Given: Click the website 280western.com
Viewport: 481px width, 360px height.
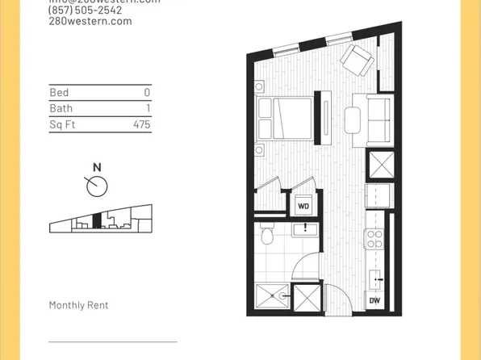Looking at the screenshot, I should coord(90,22).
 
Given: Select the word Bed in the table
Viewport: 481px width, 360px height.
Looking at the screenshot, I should coord(59,93).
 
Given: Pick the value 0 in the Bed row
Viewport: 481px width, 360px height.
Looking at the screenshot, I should coord(147,93).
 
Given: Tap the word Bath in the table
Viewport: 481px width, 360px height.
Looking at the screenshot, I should coord(61,109).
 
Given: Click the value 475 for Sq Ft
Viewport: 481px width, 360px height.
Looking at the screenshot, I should coord(141,125).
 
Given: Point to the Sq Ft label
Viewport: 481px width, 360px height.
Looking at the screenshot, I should coord(62,125).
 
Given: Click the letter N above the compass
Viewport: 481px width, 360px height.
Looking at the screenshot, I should coord(97,167).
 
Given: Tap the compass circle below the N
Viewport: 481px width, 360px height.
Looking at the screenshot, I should coord(97,186).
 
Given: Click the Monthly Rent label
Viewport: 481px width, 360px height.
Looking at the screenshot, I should coord(78,305).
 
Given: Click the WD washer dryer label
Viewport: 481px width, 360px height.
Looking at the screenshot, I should coord(303,206).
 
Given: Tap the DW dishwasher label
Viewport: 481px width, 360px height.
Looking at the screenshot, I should coord(374,300).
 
